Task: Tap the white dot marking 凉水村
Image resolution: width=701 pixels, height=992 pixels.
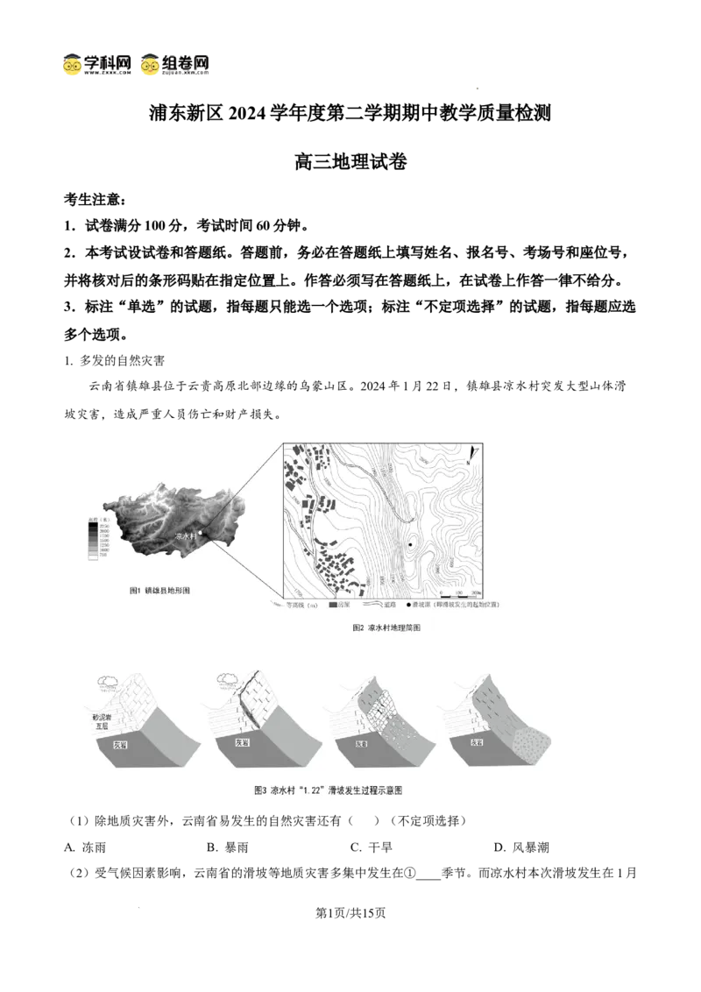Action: click(x=201, y=532)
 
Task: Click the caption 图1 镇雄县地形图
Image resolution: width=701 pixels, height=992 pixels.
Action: click(x=160, y=592)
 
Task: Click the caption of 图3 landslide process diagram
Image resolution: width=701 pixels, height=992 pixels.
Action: click(x=328, y=790)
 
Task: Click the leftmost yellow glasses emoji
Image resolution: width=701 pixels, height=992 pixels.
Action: click(x=73, y=66)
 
